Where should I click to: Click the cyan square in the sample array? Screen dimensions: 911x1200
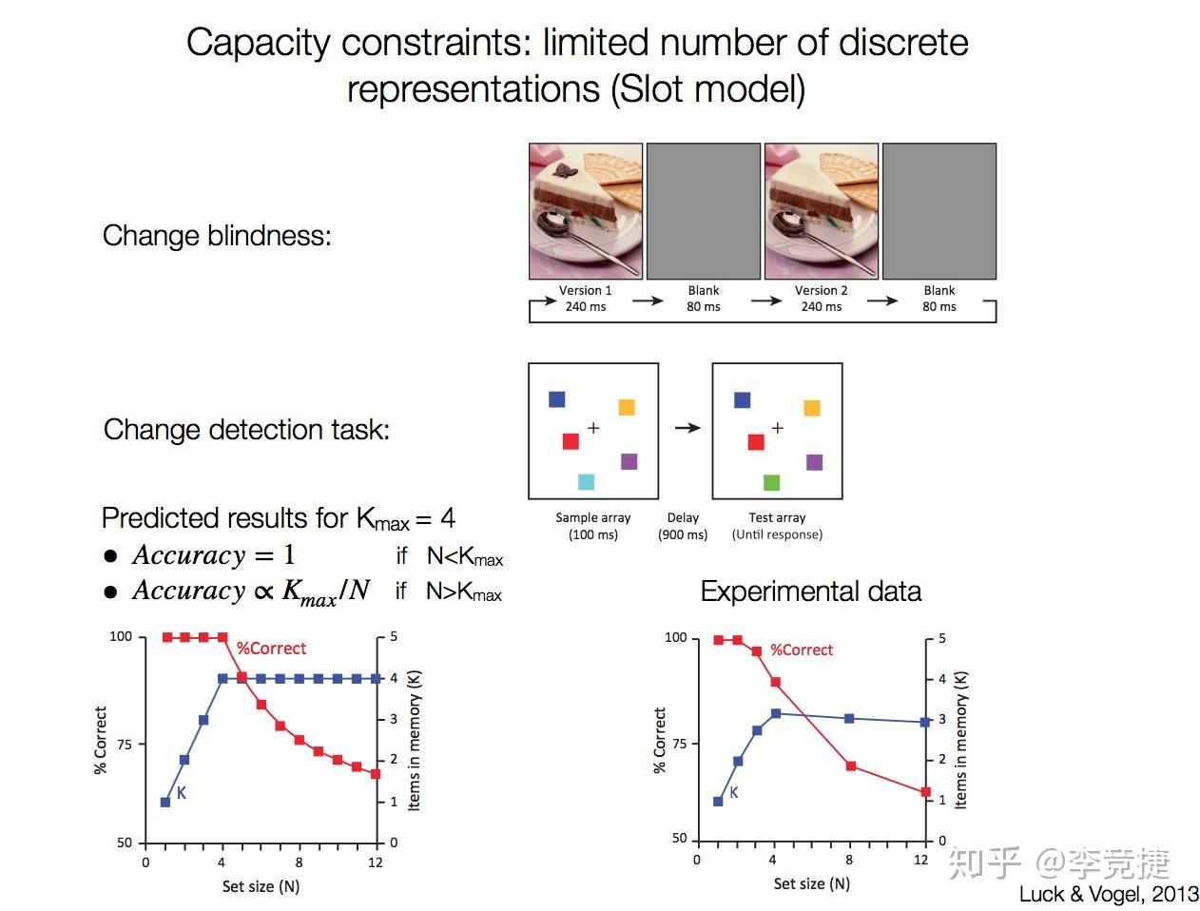coord(586,482)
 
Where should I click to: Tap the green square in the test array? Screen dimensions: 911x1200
coord(771,483)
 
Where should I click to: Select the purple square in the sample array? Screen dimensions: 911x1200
coord(629,461)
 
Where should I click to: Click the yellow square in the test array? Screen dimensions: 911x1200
coord(811,408)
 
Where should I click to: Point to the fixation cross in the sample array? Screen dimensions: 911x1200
coord(593,428)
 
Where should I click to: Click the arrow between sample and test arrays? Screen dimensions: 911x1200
coord(687,428)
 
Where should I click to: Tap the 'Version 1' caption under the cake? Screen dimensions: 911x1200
coord(585,290)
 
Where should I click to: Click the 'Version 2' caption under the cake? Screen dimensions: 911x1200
coord(821,290)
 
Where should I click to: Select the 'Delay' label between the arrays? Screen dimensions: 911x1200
coord(683,517)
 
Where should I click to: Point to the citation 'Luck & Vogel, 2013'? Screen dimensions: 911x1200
coord(1109,894)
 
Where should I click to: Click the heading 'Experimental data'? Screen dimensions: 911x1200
coord(810,591)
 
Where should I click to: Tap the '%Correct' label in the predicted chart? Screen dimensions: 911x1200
coord(271,649)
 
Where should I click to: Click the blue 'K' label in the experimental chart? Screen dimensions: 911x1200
coord(733,792)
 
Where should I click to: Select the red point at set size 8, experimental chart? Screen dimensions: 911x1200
coord(850,766)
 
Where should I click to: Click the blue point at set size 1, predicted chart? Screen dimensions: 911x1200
coord(165,802)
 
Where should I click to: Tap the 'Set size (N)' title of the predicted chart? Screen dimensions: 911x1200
coord(261,886)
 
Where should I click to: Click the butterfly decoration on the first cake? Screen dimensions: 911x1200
coord(566,170)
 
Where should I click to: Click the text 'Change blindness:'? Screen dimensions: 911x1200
coord(217,236)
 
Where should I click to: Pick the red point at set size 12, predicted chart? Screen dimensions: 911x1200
coord(376,774)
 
